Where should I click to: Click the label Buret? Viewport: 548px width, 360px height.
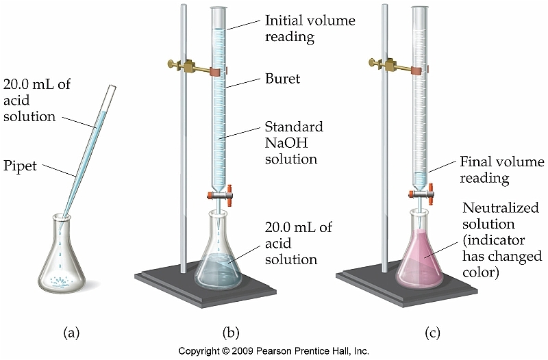point(282,79)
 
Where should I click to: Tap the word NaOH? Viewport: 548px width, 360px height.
point(284,144)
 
